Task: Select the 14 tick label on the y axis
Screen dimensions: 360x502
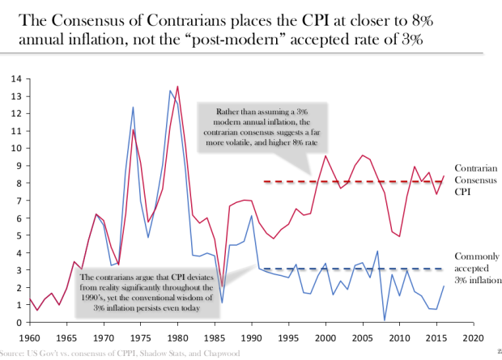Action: [16, 78]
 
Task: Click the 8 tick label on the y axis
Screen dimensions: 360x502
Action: [18, 183]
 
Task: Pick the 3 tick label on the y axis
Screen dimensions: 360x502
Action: [18, 270]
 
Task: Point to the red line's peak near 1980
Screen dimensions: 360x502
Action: [177, 87]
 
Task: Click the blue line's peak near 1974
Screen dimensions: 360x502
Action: [133, 107]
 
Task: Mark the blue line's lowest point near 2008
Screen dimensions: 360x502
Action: [385, 320]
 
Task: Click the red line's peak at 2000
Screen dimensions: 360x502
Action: [325, 156]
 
